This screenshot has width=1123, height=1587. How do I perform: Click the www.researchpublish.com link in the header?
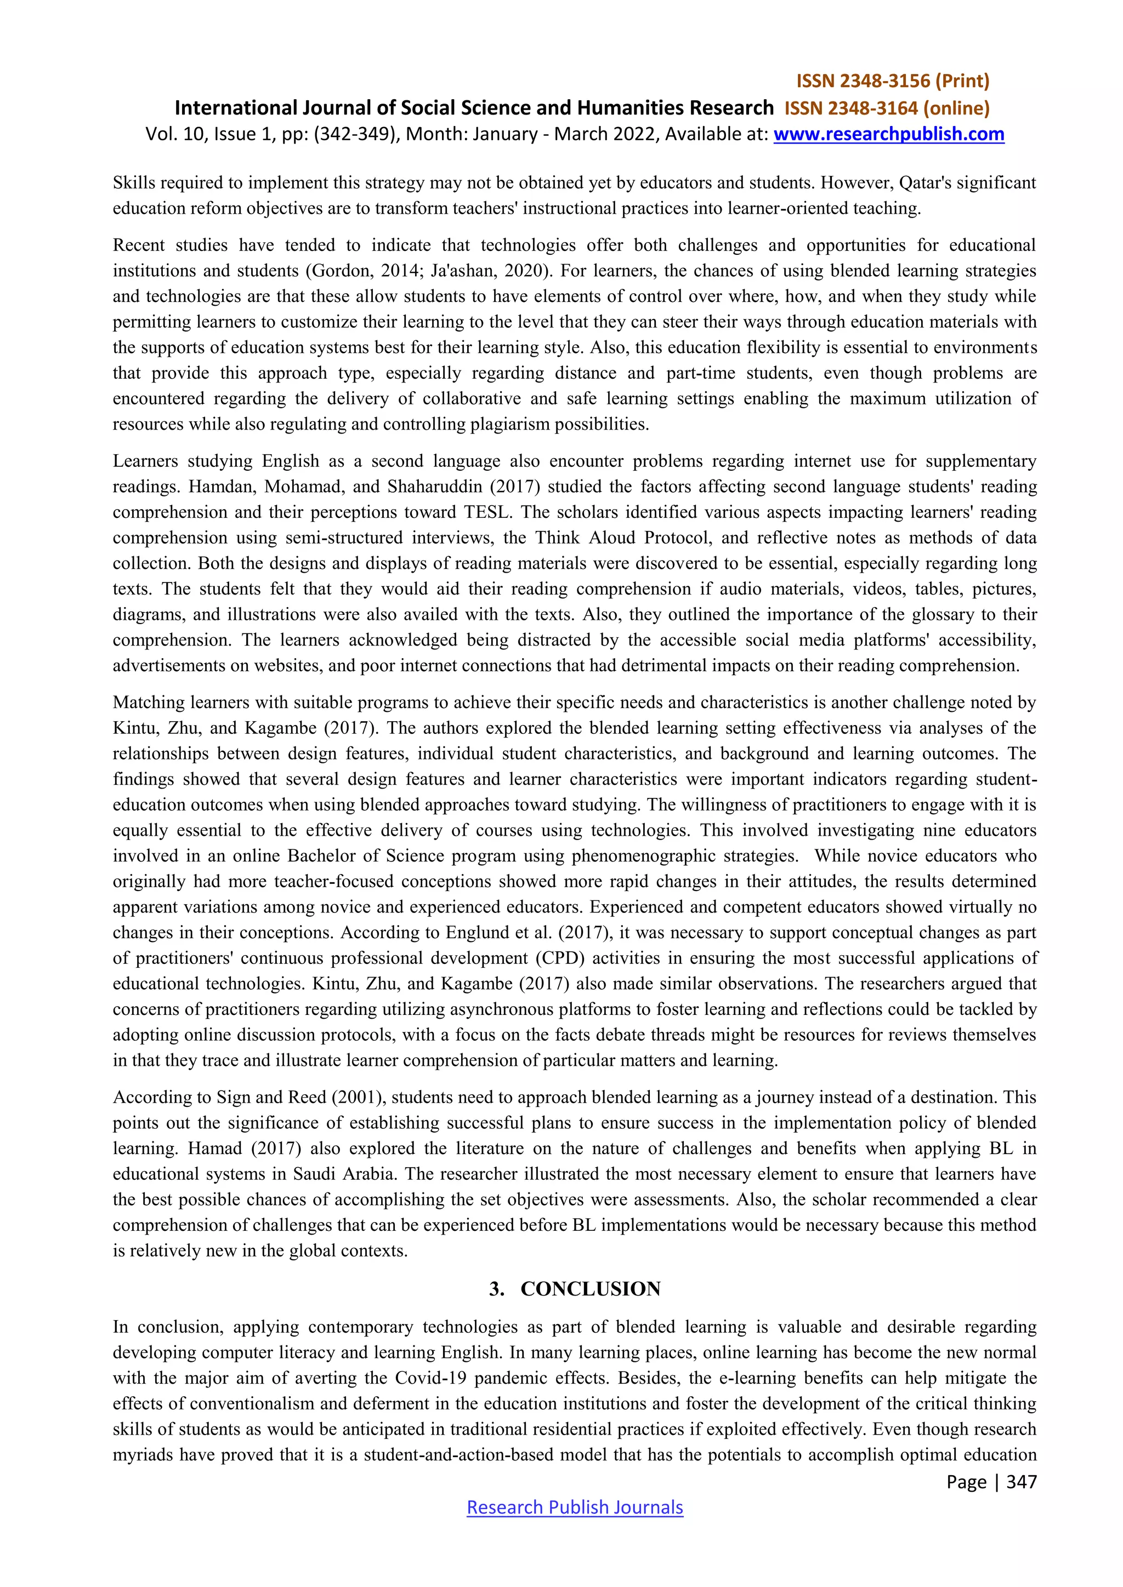tap(888, 134)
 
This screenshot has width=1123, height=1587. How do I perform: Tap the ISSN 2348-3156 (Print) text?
tap(893, 82)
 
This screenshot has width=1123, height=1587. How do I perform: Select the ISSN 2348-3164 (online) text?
tap(887, 109)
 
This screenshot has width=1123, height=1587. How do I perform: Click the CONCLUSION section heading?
tap(590, 1303)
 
